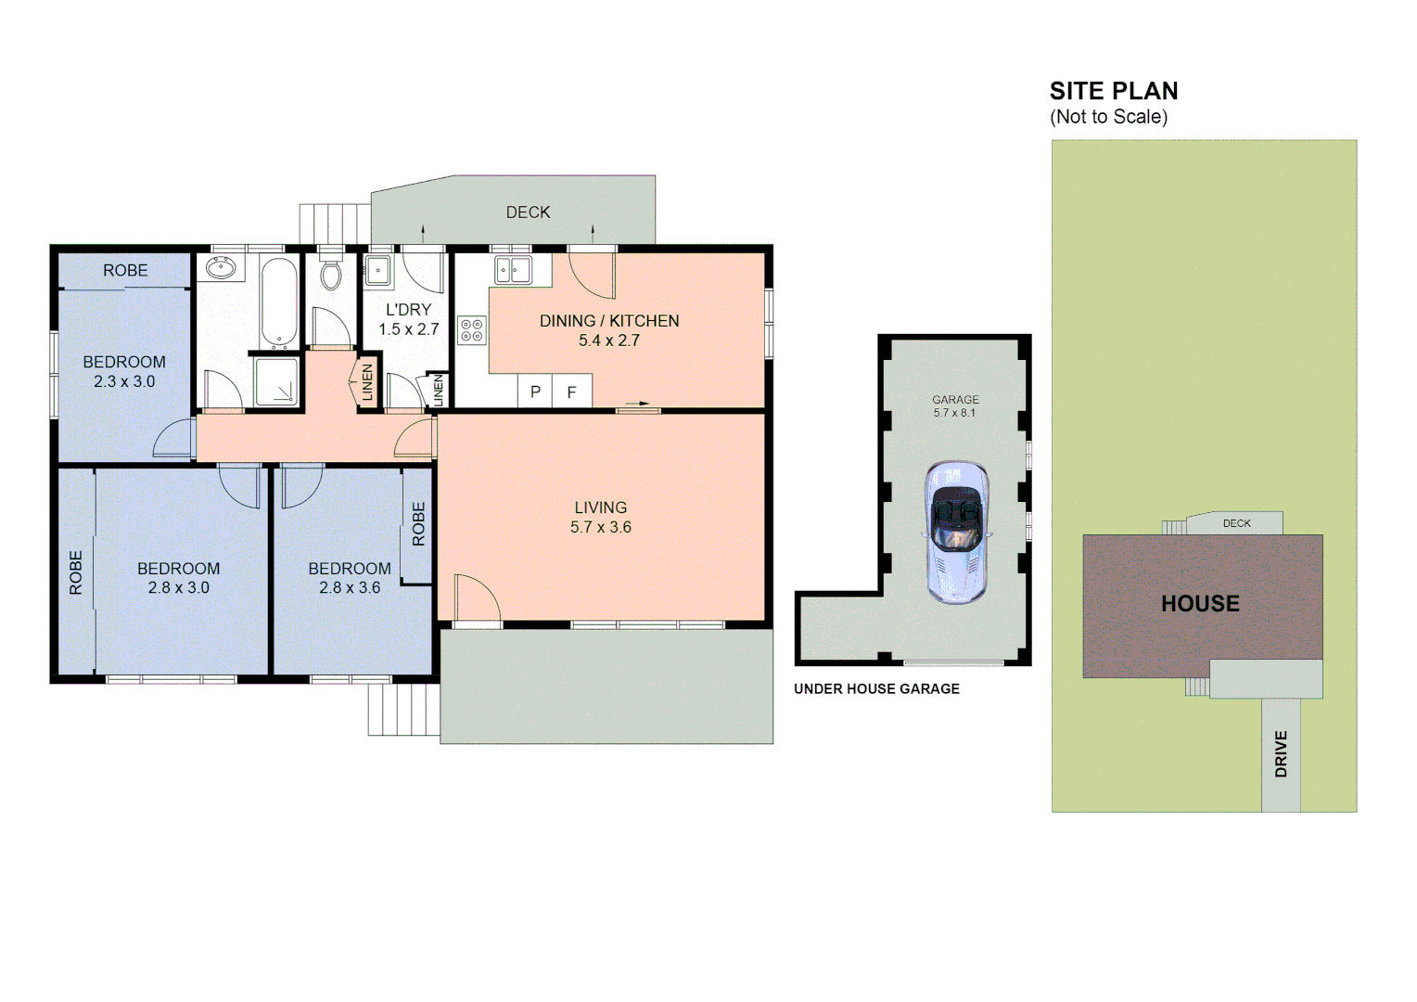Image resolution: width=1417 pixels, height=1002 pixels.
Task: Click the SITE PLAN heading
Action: click(x=1113, y=91)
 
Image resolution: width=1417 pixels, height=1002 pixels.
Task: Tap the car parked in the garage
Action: click(x=956, y=531)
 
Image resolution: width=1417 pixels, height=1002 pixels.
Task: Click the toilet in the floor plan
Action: click(x=330, y=274)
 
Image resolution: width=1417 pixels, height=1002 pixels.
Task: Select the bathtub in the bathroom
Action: click(x=278, y=302)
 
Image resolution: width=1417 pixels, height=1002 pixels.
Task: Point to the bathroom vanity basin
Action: click(x=221, y=269)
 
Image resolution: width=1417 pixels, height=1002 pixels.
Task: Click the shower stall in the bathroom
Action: click(x=276, y=381)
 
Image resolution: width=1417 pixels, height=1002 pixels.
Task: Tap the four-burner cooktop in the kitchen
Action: click(x=471, y=330)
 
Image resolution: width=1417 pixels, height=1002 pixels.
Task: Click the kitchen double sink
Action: click(x=512, y=270)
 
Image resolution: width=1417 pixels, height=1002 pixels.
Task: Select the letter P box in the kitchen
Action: click(x=535, y=392)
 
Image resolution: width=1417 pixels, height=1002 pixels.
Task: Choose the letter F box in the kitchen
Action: click(x=571, y=392)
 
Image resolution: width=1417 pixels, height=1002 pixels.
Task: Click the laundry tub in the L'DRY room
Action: click(x=377, y=271)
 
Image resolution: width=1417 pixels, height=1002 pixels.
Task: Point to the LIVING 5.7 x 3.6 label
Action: click(x=601, y=517)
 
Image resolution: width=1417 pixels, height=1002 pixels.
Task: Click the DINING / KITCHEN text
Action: click(x=609, y=321)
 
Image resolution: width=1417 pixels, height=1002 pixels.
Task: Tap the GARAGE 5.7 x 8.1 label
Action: click(x=955, y=405)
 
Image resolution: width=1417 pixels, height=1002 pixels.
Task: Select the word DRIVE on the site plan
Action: click(x=1281, y=753)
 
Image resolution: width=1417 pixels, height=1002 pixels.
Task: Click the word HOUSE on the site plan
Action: click(x=1200, y=603)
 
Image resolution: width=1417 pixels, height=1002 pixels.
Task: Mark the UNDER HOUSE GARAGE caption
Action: click(x=876, y=688)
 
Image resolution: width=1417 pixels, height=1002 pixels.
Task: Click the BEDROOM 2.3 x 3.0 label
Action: click(x=124, y=371)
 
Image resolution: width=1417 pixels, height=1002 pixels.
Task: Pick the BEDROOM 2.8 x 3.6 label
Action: click(x=350, y=577)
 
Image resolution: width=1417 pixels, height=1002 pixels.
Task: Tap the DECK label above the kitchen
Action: click(x=528, y=212)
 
